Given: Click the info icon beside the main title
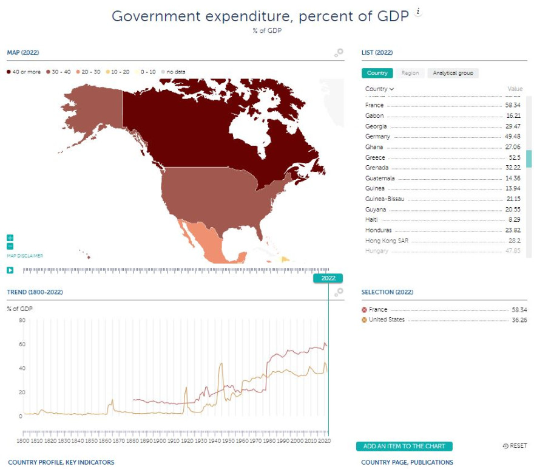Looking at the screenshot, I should coord(417,12).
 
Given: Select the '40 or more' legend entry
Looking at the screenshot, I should coord(24,72).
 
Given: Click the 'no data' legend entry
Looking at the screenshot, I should coord(175,72).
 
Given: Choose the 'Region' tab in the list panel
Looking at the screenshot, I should coord(410,73).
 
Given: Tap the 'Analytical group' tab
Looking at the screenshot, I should coord(453,73).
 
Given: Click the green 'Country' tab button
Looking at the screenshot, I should coord(377,73).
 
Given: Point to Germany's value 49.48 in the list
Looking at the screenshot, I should coord(513,137).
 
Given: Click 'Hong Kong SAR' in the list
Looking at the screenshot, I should coord(387,241).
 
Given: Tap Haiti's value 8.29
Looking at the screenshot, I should coord(515,219).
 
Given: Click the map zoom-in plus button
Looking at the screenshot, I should coord(10,238).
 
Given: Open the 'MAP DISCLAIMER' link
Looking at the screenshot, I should coord(25,256).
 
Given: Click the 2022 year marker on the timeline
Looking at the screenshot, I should coord(328,278).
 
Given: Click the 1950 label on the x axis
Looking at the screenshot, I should coord(228,440).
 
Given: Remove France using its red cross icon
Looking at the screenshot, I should coord(364,310).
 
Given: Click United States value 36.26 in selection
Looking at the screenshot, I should coord(513,320).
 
